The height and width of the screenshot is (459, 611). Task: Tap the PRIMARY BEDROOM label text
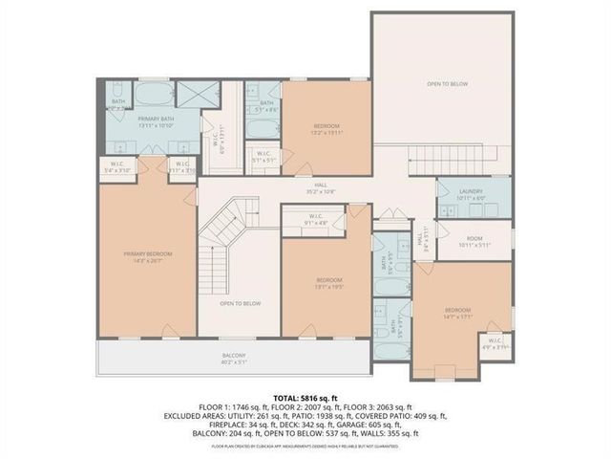coord(141,256)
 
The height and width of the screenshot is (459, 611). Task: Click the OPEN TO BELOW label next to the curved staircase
coord(240,303)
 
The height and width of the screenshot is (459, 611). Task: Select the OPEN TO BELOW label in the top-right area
coord(447,85)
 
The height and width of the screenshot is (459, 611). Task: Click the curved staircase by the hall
coord(226,229)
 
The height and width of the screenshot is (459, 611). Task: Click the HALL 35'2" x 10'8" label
coord(307,187)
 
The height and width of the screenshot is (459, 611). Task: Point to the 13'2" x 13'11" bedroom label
coord(327,129)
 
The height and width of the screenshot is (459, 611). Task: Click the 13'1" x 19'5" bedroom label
coord(327,283)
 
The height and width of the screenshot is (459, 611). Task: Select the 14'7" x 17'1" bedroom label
coord(456,313)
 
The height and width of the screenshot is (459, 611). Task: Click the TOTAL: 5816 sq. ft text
coord(305,397)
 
